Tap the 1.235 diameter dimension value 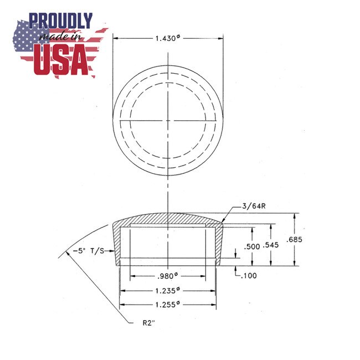[x=167, y=290]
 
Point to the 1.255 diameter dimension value [x=167, y=304]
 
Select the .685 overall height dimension [x=296, y=239]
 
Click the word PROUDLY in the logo [x=61, y=21]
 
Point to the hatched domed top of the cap [x=167, y=219]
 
